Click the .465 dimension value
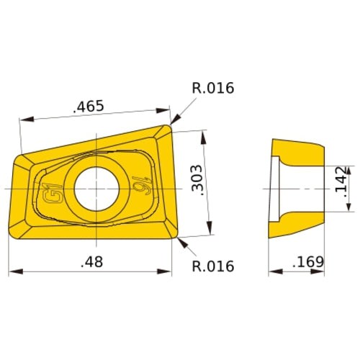89,107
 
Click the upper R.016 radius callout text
213,89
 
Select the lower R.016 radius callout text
213,266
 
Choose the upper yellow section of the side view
299,153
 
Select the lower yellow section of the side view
299,223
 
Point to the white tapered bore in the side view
278,188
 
